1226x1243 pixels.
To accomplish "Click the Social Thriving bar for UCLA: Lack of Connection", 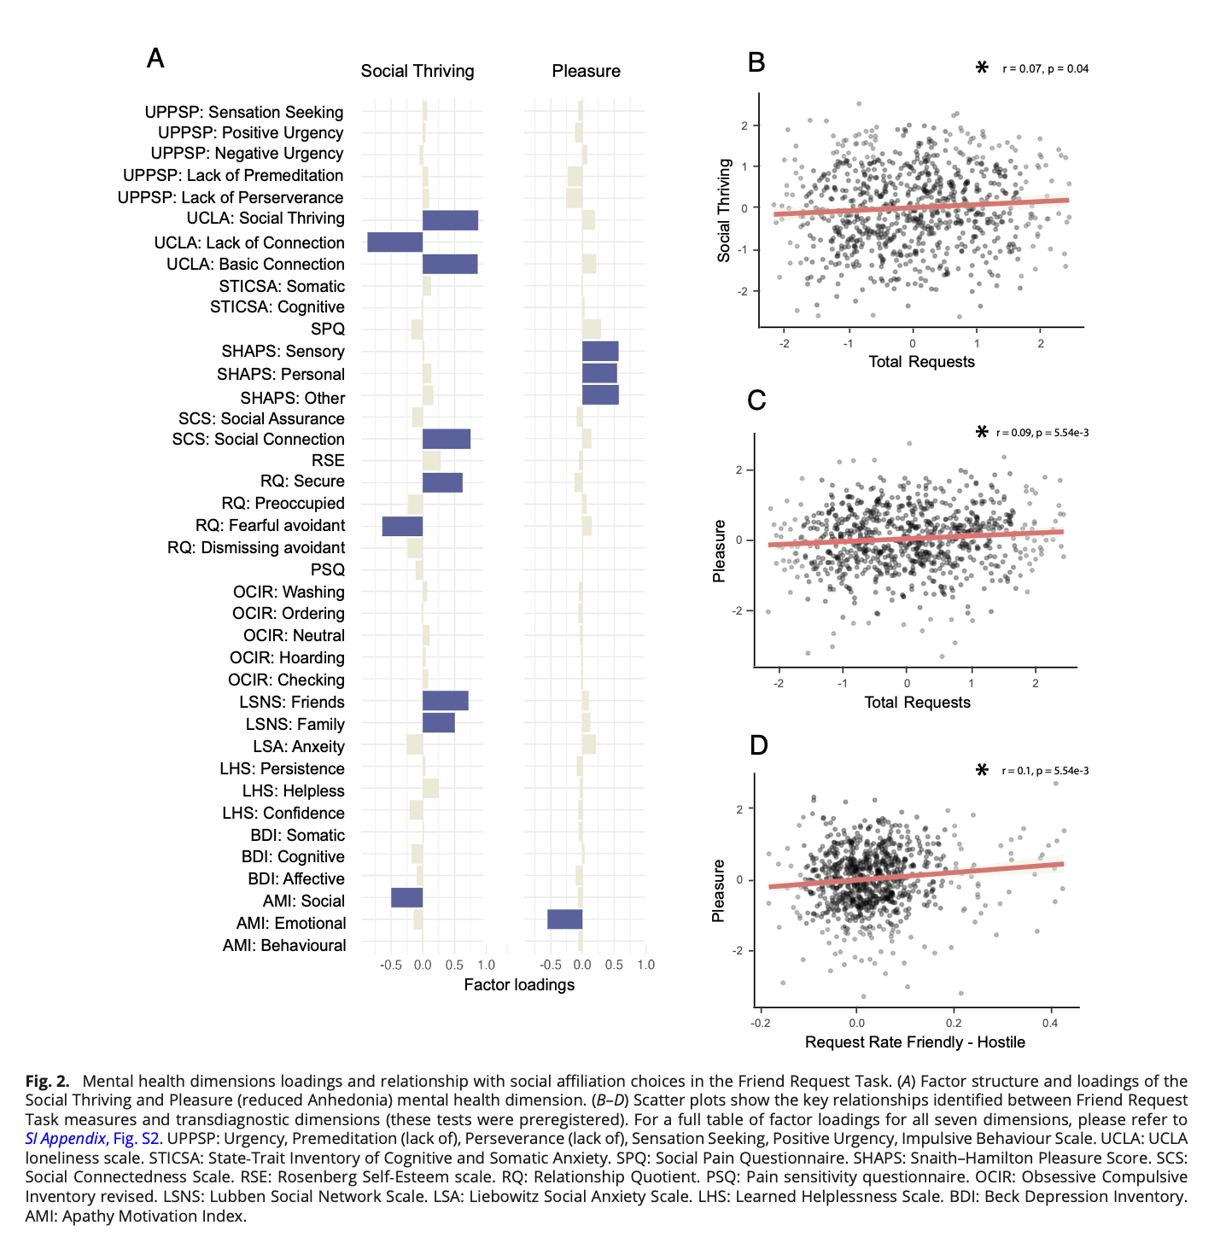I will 394,242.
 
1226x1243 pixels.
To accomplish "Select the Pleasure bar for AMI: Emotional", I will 564,919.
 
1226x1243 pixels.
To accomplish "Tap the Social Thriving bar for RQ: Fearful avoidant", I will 402,526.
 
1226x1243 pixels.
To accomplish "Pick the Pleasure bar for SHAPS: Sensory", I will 600,351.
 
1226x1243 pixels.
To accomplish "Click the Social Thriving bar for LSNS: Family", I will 439,723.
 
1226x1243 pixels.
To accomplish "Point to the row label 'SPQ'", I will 328,330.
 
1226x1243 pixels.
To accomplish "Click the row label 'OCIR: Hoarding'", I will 287,657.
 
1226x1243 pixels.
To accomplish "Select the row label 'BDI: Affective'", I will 296,878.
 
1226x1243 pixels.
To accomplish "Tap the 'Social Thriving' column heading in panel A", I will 417,71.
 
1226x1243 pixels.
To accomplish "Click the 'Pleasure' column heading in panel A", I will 586,71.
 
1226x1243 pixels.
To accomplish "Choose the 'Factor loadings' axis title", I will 519,984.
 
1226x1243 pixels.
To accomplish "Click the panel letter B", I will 756,62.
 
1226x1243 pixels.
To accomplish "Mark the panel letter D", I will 758,745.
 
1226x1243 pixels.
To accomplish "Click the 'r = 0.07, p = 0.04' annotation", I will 1045,69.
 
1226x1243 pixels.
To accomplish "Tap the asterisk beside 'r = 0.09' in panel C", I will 982,432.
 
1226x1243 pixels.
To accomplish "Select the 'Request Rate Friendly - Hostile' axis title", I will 914,1042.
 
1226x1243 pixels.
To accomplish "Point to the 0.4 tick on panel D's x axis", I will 1049,1023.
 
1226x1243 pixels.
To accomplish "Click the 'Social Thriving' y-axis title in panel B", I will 724,210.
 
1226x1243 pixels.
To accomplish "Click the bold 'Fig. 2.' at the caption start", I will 47,1081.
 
